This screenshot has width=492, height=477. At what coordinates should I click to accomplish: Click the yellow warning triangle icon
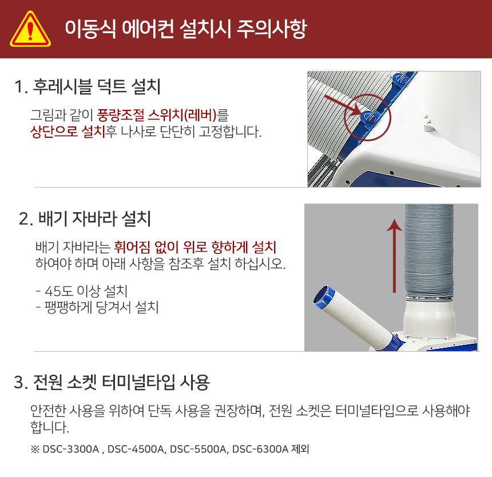(30, 30)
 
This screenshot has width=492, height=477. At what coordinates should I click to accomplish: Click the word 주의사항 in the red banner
(272, 29)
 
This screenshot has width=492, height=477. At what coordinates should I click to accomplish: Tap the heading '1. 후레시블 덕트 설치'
(88, 86)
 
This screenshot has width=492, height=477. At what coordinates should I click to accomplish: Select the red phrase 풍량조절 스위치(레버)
(157, 115)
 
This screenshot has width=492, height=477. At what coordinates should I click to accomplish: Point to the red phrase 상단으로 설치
(68, 132)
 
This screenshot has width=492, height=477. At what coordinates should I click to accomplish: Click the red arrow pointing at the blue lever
(343, 106)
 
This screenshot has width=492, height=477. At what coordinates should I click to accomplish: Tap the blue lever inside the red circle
(369, 117)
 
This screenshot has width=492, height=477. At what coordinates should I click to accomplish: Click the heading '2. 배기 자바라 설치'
(85, 218)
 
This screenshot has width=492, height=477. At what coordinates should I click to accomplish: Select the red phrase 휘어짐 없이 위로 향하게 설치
(195, 247)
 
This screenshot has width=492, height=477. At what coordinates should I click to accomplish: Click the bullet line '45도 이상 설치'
(82, 291)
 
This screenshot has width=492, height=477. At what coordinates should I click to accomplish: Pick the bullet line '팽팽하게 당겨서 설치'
(97, 307)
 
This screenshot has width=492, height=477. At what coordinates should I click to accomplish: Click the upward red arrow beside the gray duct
(394, 256)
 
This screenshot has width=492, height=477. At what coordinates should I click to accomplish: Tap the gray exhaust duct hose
(429, 251)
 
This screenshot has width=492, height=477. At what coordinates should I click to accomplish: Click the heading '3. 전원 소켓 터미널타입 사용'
(112, 382)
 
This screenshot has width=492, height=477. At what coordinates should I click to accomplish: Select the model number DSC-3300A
(70, 449)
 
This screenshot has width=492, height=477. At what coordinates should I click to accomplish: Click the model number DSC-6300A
(260, 449)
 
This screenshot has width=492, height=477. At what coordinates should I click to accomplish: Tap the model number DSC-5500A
(198, 449)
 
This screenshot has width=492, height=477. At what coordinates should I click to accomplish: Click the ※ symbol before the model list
(35, 449)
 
